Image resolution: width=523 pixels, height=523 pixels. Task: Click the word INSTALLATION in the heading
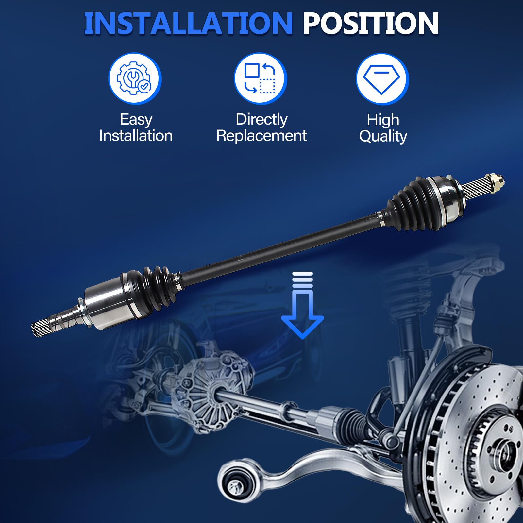point(188,24)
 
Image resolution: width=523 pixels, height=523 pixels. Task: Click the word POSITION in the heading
point(371,24)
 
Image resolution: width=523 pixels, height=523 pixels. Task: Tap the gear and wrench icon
point(135,79)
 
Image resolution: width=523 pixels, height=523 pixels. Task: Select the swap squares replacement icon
point(261,79)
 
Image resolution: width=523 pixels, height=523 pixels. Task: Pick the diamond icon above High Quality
point(382,79)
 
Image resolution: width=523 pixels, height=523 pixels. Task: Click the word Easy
point(136,120)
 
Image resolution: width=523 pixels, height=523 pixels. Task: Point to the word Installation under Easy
point(136,136)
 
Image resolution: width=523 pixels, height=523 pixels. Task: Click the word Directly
point(261,120)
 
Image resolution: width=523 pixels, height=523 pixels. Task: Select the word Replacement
point(261,136)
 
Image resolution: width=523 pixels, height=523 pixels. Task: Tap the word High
point(383,120)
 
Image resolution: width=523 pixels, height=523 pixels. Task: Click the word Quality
point(383,136)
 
